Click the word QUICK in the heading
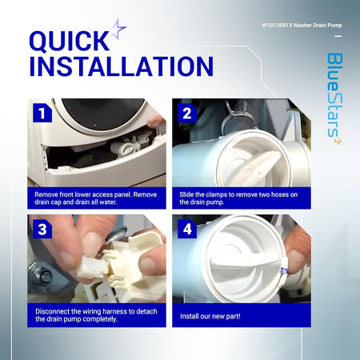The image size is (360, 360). (69, 41)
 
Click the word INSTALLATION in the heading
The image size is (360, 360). (122, 66)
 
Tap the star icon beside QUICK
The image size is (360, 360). (118, 29)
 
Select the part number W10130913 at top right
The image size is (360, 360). (277, 26)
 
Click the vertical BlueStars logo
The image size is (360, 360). (335, 98)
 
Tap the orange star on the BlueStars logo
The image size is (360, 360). (338, 141)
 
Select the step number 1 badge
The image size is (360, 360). (42, 113)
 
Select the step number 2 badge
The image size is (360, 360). (187, 113)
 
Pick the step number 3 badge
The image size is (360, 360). (42, 229)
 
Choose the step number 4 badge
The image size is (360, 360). (187, 229)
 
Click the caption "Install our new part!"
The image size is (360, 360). (210, 316)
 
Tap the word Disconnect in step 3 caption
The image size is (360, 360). (53, 311)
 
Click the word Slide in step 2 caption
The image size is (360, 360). (186, 194)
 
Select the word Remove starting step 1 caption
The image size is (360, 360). (46, 194)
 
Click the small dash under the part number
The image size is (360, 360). (338, 36)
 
